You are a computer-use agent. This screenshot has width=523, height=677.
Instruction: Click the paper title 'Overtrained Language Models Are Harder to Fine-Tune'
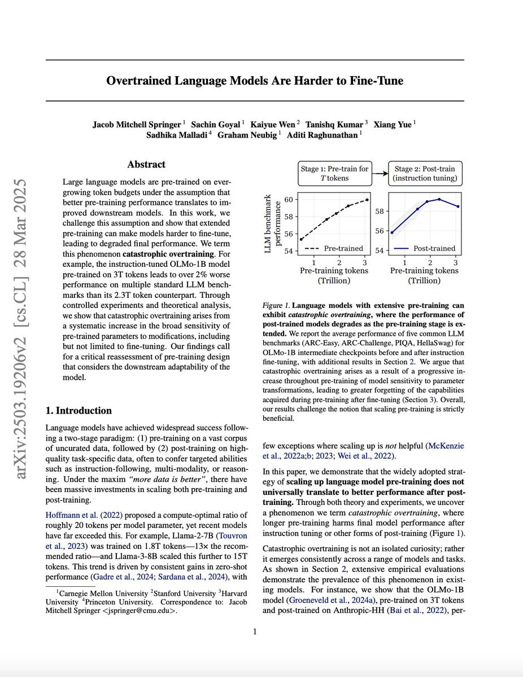(x=255, y=81)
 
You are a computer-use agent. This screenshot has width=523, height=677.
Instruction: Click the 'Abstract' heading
(x=146, y=165)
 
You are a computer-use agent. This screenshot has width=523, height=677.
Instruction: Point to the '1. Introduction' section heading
(x=79, y=410)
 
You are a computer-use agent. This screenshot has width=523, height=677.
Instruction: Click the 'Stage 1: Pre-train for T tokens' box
(x=334, y=173)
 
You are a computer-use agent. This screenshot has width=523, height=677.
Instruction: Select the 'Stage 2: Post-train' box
(x=425, y=173)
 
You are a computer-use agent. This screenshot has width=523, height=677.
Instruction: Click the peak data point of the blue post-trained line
(x=439, y=199)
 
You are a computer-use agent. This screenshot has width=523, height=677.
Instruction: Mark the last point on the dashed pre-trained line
(x=367, y=200)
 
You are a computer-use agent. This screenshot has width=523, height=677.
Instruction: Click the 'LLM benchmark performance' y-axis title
(x=273, y=224)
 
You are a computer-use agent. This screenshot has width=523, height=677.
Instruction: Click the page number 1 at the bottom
(x=255, y=631)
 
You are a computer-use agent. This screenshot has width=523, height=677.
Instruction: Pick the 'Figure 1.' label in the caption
(x=277, y=305)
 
